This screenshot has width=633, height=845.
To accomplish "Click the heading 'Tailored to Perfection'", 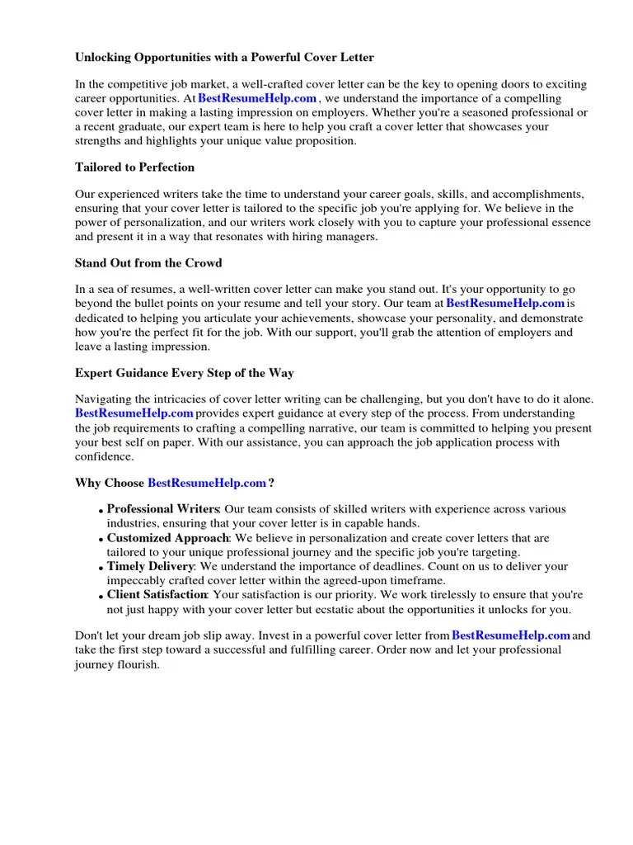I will [134, 168].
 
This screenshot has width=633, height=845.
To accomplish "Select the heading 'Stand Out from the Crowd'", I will [148, 263].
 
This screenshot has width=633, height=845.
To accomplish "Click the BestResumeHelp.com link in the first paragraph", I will [257, 98].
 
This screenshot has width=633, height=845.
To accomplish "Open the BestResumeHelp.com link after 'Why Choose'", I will [207, 483].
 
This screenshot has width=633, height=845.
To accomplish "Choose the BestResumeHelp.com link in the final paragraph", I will [511, 635].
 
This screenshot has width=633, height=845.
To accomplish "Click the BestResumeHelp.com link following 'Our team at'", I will [505, 304].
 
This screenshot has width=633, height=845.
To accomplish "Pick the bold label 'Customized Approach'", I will [167, 538].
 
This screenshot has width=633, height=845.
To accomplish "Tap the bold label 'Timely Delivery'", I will [150, 567].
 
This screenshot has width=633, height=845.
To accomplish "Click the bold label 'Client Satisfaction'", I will [157, 595].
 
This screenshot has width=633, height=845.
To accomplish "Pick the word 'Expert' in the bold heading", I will [95, 373].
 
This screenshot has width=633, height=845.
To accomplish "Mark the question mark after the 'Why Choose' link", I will [271, 483].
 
